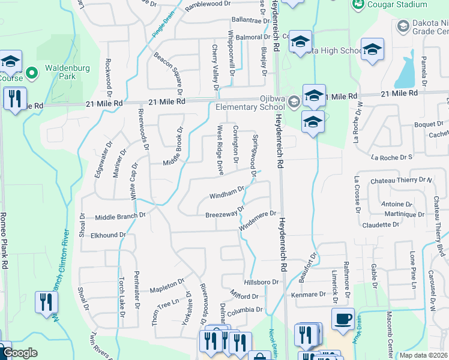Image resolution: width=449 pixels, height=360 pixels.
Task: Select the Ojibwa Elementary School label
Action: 250,102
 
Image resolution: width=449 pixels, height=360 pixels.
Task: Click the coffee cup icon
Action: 343,319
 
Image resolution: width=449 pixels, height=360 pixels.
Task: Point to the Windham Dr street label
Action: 227,194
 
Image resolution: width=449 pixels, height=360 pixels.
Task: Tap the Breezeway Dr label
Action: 225,212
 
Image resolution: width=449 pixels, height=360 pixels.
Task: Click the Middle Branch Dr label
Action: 121,215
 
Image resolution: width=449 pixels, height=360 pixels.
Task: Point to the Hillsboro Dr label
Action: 262,282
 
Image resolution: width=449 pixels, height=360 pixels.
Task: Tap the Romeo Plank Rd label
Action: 4,240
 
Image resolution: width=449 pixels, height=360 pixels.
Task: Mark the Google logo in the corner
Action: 19,353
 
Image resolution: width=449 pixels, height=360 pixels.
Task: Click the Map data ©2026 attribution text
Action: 424,355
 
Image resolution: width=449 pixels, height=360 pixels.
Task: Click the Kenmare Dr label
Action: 310,295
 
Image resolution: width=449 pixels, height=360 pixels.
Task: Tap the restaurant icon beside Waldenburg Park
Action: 14,98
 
